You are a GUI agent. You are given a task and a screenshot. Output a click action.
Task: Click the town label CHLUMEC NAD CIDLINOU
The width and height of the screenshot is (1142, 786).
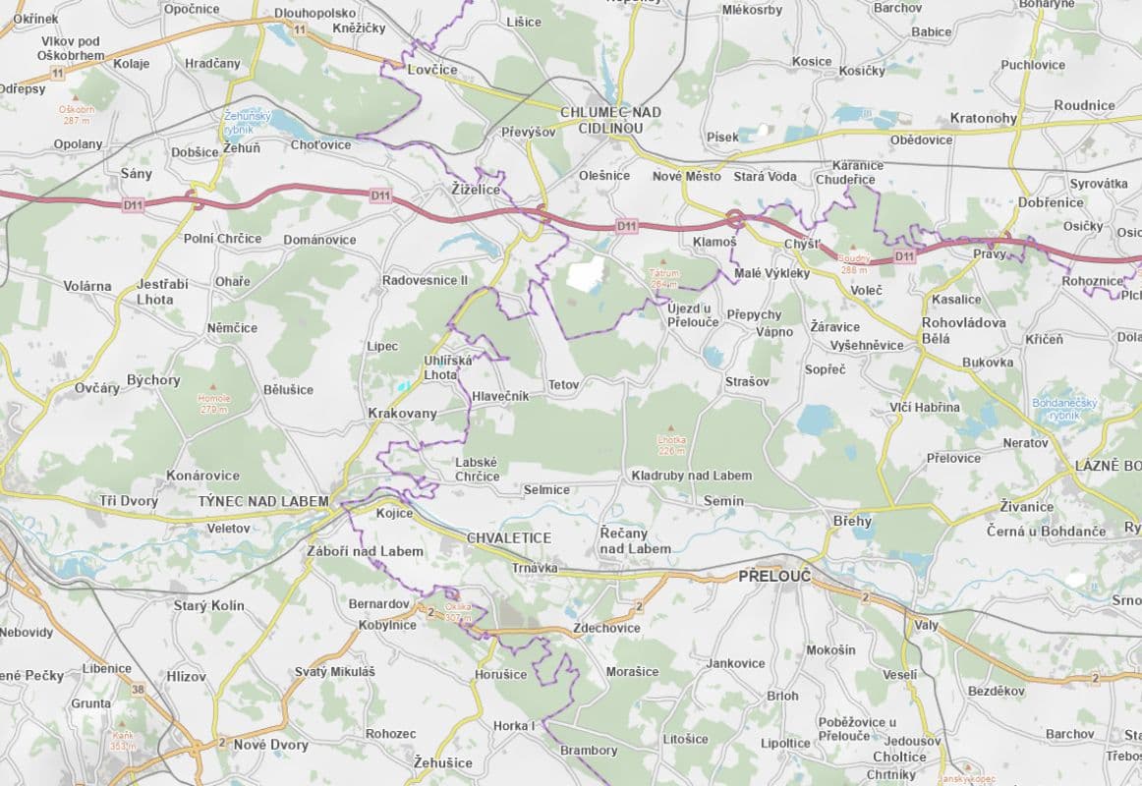pyautogui.click(x=610, y=120)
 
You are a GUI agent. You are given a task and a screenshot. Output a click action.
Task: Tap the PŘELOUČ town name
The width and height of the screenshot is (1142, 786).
pyautogui.click(x=774, y=577)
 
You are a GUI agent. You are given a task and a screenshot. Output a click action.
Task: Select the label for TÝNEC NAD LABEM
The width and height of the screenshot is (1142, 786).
pyautogui.click(x=263, y=501)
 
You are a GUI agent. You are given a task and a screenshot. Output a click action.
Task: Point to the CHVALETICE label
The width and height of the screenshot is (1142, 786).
pyautogui.click(x=508, y=538)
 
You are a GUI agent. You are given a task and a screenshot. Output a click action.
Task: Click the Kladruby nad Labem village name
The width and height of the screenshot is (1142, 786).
pyautogui.click(x=691, y=476)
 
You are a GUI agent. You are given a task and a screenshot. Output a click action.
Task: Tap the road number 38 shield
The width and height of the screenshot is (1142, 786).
pyautogui.click(x=136, y=690)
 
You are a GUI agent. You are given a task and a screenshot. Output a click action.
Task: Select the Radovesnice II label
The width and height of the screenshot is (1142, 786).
pyautogui.click(x=425, y=280)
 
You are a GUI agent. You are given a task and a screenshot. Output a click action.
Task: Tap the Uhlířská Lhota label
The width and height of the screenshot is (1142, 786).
pyautogui.click(x=448, y=367)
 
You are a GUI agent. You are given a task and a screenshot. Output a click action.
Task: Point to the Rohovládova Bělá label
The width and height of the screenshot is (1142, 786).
pyautogui.click(x=963, y=330)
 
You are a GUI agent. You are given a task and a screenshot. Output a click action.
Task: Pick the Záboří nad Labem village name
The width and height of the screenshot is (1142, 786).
pyautogui.click(x=365, y=551)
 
